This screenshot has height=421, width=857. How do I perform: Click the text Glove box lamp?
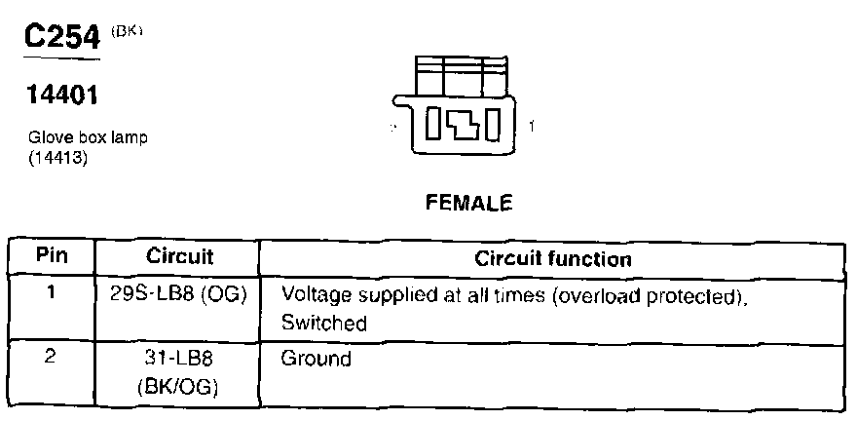pos(88,138)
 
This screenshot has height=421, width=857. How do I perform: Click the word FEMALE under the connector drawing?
pos(468,204)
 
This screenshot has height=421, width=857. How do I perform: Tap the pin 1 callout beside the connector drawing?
pos(532,127)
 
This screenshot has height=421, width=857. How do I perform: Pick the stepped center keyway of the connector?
pos(463,126)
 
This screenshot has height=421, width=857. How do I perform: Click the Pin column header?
pos(51,257)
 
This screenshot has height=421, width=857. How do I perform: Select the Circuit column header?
pos(179,257)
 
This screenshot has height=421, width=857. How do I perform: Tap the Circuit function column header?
pos(552,259)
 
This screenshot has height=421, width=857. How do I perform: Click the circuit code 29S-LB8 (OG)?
pos(179,292)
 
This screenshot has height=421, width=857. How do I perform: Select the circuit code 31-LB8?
pos(179,359)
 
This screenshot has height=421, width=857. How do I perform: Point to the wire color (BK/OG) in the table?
pos(179,387)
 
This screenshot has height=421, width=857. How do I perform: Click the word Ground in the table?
pos(316,359)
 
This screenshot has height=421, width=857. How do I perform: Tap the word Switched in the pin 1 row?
pos(323,323)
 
